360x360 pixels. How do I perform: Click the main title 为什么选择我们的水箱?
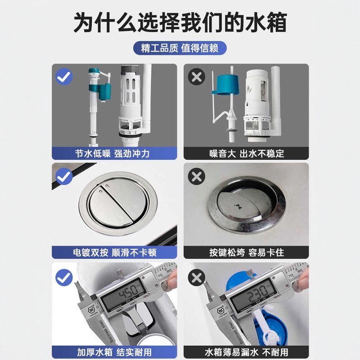point(180,22)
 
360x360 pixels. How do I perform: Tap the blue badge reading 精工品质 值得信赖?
point(180,48)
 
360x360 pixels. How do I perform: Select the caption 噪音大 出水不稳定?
point(247,153)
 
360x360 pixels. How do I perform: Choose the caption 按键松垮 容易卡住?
point(247,252)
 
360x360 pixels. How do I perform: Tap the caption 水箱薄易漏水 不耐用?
point(247,351)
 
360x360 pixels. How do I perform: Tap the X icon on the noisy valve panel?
point(196,77)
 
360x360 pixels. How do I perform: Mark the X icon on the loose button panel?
point(196,176)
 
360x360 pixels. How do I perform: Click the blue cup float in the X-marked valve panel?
point(224,85)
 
